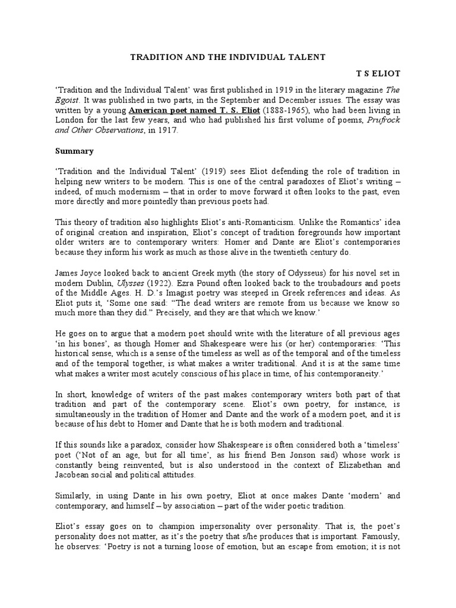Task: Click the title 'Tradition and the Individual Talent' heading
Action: pyautogui.click(x=228, y=58)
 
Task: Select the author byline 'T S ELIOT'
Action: pyautogui.click(x=378, y=74)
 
